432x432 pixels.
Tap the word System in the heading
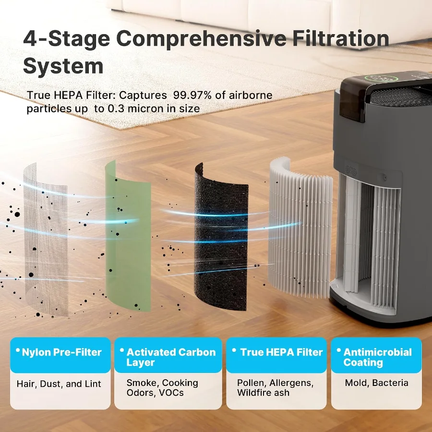pos(63,66)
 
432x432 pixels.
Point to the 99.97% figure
pos(192,95)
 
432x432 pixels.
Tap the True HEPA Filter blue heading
pos(281,352)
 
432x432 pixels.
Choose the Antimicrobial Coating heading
pos(377,357)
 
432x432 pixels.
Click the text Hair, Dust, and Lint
pos(59,384)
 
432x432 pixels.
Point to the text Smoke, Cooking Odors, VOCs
pos(162,388)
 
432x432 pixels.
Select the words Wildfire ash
pos(263,393)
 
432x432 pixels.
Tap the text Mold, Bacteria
pos(376,383)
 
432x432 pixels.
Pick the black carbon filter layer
pos(220,240)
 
